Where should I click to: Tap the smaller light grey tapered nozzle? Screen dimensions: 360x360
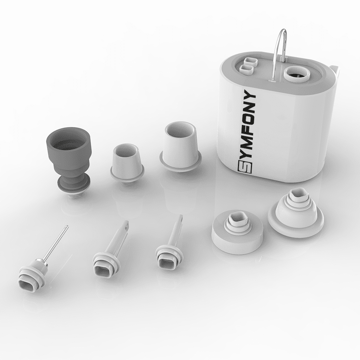pos(127,163)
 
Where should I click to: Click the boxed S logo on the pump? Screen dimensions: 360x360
pos(244,166)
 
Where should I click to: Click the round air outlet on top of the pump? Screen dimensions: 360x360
pos(297,75)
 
